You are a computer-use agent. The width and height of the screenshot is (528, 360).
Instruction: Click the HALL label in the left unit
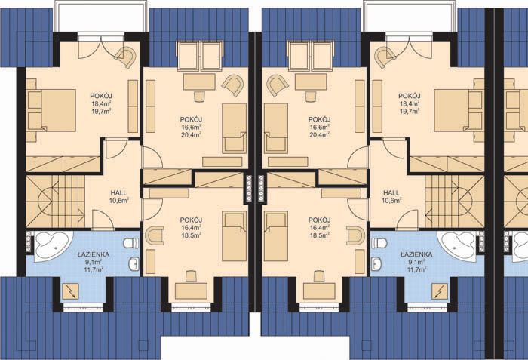[119, 193]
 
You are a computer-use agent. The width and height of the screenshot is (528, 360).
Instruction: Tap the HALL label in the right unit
[391, 193]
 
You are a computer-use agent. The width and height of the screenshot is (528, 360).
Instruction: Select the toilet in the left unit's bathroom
[131, 243]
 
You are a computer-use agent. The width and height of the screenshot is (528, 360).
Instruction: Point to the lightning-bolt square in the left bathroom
[70, 291]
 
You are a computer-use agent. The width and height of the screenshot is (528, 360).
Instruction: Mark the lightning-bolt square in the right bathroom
[440, 291]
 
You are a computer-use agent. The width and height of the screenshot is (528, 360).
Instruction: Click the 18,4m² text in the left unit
[101, 104]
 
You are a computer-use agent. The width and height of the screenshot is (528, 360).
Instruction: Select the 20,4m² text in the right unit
[320, 135]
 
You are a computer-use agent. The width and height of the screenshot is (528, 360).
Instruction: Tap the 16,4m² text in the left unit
[191, 228]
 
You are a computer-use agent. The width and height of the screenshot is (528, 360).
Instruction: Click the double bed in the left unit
[51, 110]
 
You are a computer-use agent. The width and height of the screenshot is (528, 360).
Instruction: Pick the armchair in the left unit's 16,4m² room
[154, 235]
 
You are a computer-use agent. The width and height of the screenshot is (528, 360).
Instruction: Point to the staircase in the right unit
[455, 201]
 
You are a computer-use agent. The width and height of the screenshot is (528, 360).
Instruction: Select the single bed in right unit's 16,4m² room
[276, 236]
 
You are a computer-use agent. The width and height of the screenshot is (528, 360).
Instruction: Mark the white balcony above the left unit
[101, 16]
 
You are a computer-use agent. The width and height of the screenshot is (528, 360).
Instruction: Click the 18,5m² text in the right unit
[320, 235]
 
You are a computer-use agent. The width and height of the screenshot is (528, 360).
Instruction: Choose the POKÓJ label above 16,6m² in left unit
[191, 119]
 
